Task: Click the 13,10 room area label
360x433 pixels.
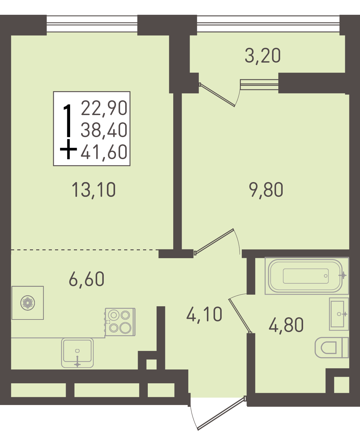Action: pos(93,190)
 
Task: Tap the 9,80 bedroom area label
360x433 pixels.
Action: pos(266,190)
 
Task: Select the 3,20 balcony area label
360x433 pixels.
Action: pos(263,56)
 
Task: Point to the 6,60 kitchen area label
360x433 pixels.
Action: pos(86,279)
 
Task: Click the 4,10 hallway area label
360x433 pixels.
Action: pos(204,314)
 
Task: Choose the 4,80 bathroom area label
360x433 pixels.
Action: pos(286,325)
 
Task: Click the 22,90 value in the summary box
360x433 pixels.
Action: pos(104,108)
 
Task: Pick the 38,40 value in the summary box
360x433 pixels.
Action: pos(104,130)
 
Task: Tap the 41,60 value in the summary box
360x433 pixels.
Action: pos(104,152)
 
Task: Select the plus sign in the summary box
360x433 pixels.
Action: pos(69,149)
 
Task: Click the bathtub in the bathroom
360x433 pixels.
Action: pos(307,275)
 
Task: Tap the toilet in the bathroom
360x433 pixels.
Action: pos(332,347)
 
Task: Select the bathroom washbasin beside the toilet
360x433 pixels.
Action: pos(339,314)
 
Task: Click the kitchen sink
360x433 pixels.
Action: pos(77,353)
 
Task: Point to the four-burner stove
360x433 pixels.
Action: pos(120,322)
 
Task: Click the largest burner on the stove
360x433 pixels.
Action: pos(125,328)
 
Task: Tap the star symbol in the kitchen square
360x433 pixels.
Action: pos(28,303)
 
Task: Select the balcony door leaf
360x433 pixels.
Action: pos(217,95)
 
